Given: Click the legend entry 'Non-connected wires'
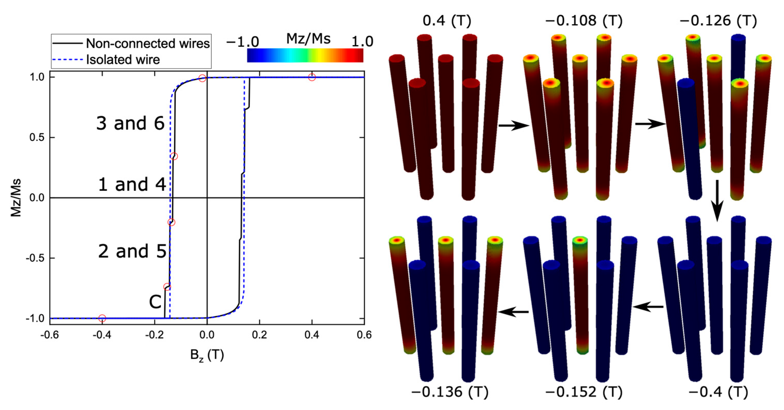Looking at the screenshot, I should [x=148, y=43].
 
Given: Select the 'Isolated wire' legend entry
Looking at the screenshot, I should [x=123, y=60].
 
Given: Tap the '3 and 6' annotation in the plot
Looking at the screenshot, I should [x=130, y=123].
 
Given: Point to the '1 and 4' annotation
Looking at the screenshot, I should [x=132, y=185].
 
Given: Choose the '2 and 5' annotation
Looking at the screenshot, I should [x=132, y=251].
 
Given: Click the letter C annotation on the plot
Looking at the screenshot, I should [x=155, y=302].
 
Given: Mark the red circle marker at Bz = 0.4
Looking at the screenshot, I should [x=312, y=77].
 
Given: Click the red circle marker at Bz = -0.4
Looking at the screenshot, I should [x=102, y=318].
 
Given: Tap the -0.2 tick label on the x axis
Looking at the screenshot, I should [x=154, y=335].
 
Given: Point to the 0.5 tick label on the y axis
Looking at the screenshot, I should [x=37, y=138].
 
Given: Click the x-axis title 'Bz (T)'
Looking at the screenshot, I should [x=207, y=355].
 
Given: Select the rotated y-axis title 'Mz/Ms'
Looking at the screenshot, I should [x=16, y=198].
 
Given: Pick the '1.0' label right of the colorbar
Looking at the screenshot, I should [x=362, y=42].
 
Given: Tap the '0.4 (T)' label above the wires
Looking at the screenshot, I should [x=447, y=21].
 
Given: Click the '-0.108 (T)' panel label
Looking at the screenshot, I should [x=584, y=21].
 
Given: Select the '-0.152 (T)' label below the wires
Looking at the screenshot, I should [x=584, y=392].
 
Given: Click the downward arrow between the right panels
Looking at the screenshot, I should [x=717, y=201].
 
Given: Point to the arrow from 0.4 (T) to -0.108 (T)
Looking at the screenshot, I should [x=514, y=125].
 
